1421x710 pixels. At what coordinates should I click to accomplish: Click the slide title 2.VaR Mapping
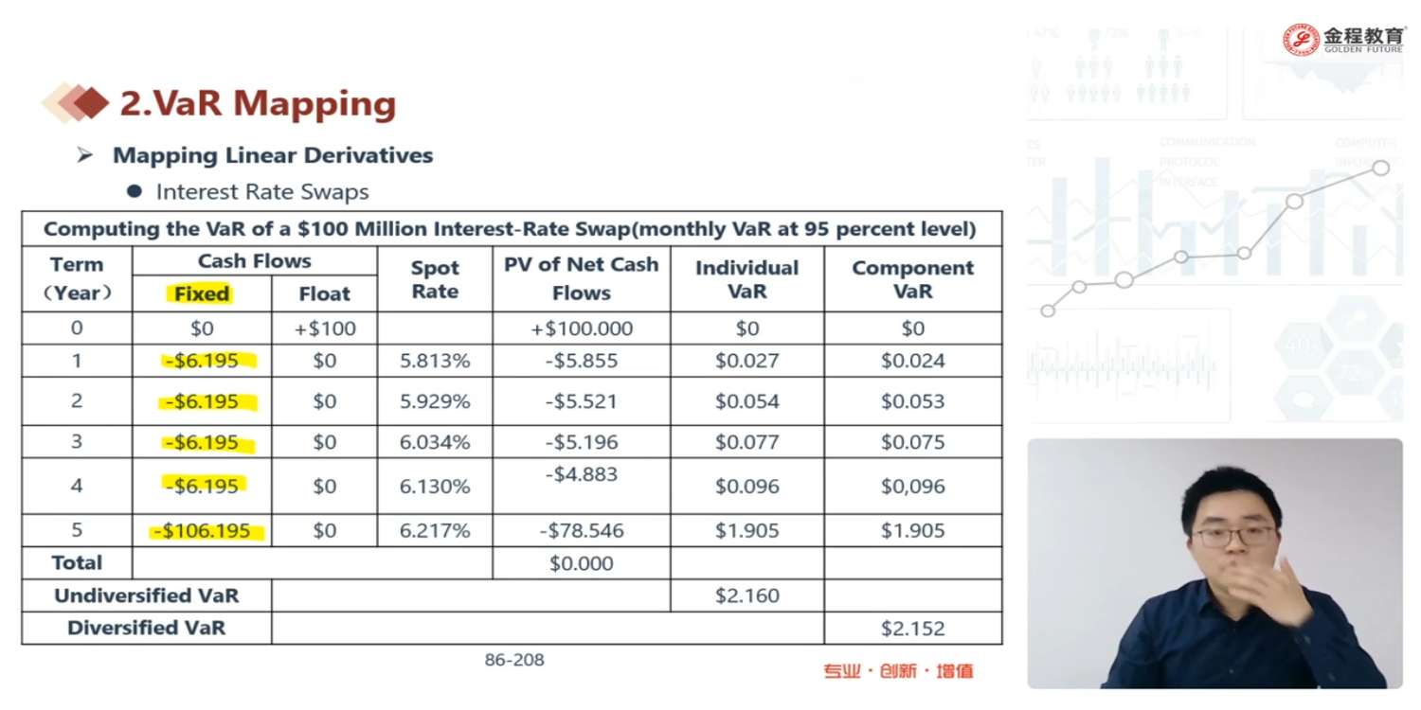pyautogui.click(x=257, y=103)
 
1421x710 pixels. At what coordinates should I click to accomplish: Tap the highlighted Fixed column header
pyautogui.click(x=202, y=293)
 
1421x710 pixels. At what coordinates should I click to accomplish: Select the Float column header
pyautogui.click(x=324, y=293)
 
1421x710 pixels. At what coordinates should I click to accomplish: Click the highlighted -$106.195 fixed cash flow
pyautogui.click(x=207, y=531)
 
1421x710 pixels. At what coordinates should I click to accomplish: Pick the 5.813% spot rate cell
pyautogui.click(x=434, y=361)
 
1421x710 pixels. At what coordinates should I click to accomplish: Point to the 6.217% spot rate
pyautogui.click(x=434, y=531)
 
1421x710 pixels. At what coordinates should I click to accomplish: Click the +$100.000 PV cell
pyautogui.click(x=581, y=328)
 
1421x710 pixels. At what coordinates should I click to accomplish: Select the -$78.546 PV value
pyautogui.click(x=581, y=531)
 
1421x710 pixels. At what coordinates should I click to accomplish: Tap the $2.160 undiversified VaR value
pyautogui.click(x=746, y=595)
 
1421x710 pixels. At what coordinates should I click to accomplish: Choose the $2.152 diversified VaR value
pyautogui.click(x=912, y=628)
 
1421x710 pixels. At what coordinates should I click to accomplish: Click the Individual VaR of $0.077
pyautogui.click(x=746, y=442)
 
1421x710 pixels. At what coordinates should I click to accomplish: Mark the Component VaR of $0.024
pyautogui.click(x=912, y=361)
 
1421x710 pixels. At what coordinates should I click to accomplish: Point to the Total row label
pyautogui.click(x=77, y=563)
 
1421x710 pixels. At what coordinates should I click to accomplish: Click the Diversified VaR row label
pyautogui.click(x=146, y=628)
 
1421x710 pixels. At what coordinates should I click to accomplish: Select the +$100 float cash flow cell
pyautogui.click(x=324, y=328)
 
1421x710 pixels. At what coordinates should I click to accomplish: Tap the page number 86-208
pyautogui.click(x=514, y=660)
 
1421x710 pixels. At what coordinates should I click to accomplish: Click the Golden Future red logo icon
pyautogui.click(x=1301, y=40)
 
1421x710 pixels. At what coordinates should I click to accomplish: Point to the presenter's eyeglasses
pyautogui.click(x=1233, y=536)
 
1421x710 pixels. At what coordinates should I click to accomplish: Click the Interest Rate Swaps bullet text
pyautogui.click(x=262, y=192)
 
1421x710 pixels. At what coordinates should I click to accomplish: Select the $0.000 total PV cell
pyautogui.click(x=581, y=563)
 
